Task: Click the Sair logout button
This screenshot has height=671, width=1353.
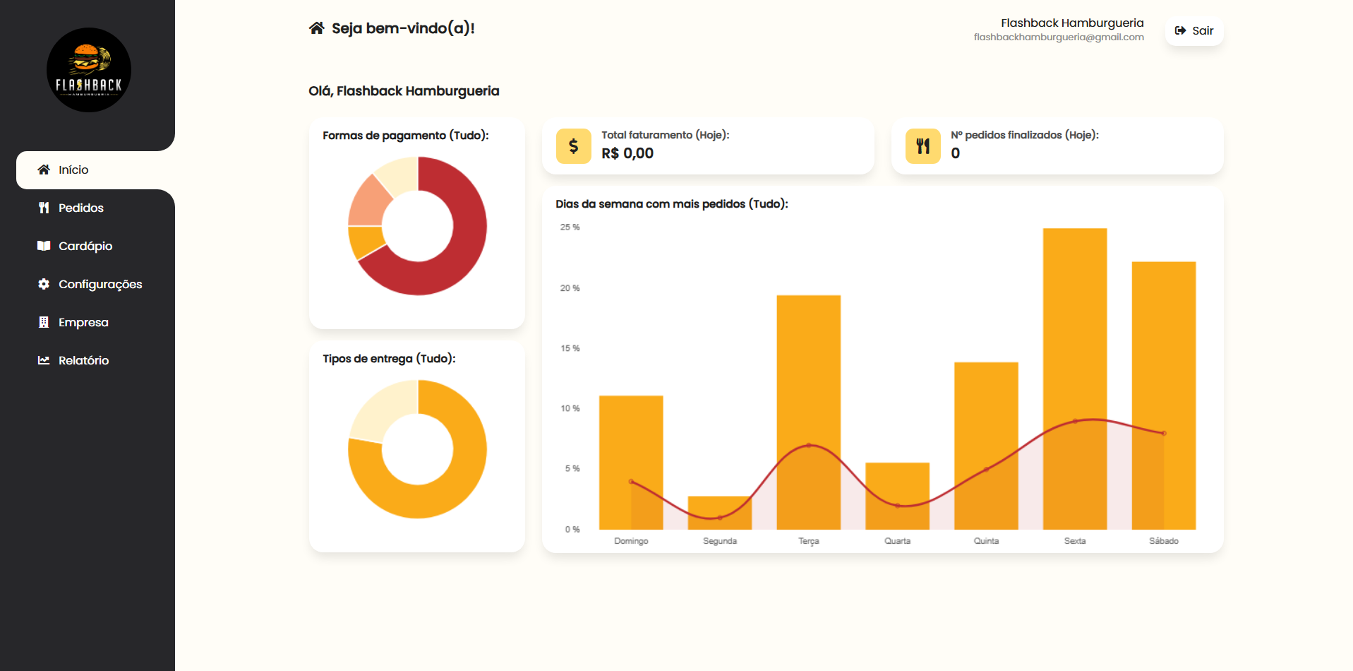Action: tap(1194, 31)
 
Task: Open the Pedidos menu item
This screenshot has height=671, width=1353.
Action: tap(80, 208)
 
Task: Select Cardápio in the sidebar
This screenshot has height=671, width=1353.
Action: tap(85, 246)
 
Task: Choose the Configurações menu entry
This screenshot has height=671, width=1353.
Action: tap(100, 284)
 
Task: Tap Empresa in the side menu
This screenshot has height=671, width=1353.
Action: tap(83, 322)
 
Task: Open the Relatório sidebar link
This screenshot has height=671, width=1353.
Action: tap(83, 360)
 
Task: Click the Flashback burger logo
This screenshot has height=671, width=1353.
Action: tap(89, 70)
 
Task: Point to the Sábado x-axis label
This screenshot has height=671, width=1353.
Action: tap(1163, 541)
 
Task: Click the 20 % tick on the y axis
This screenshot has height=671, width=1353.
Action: tap(570, 288)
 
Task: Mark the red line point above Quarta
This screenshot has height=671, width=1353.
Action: tap(897, 506)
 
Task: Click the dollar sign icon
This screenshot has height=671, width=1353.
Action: tap(573, 146)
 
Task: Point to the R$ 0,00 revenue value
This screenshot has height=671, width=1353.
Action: tap(627, 153)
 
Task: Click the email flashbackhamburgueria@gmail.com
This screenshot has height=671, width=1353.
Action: tap(1058, 37)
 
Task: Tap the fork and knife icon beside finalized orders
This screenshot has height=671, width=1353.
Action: tap(922, 146)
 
